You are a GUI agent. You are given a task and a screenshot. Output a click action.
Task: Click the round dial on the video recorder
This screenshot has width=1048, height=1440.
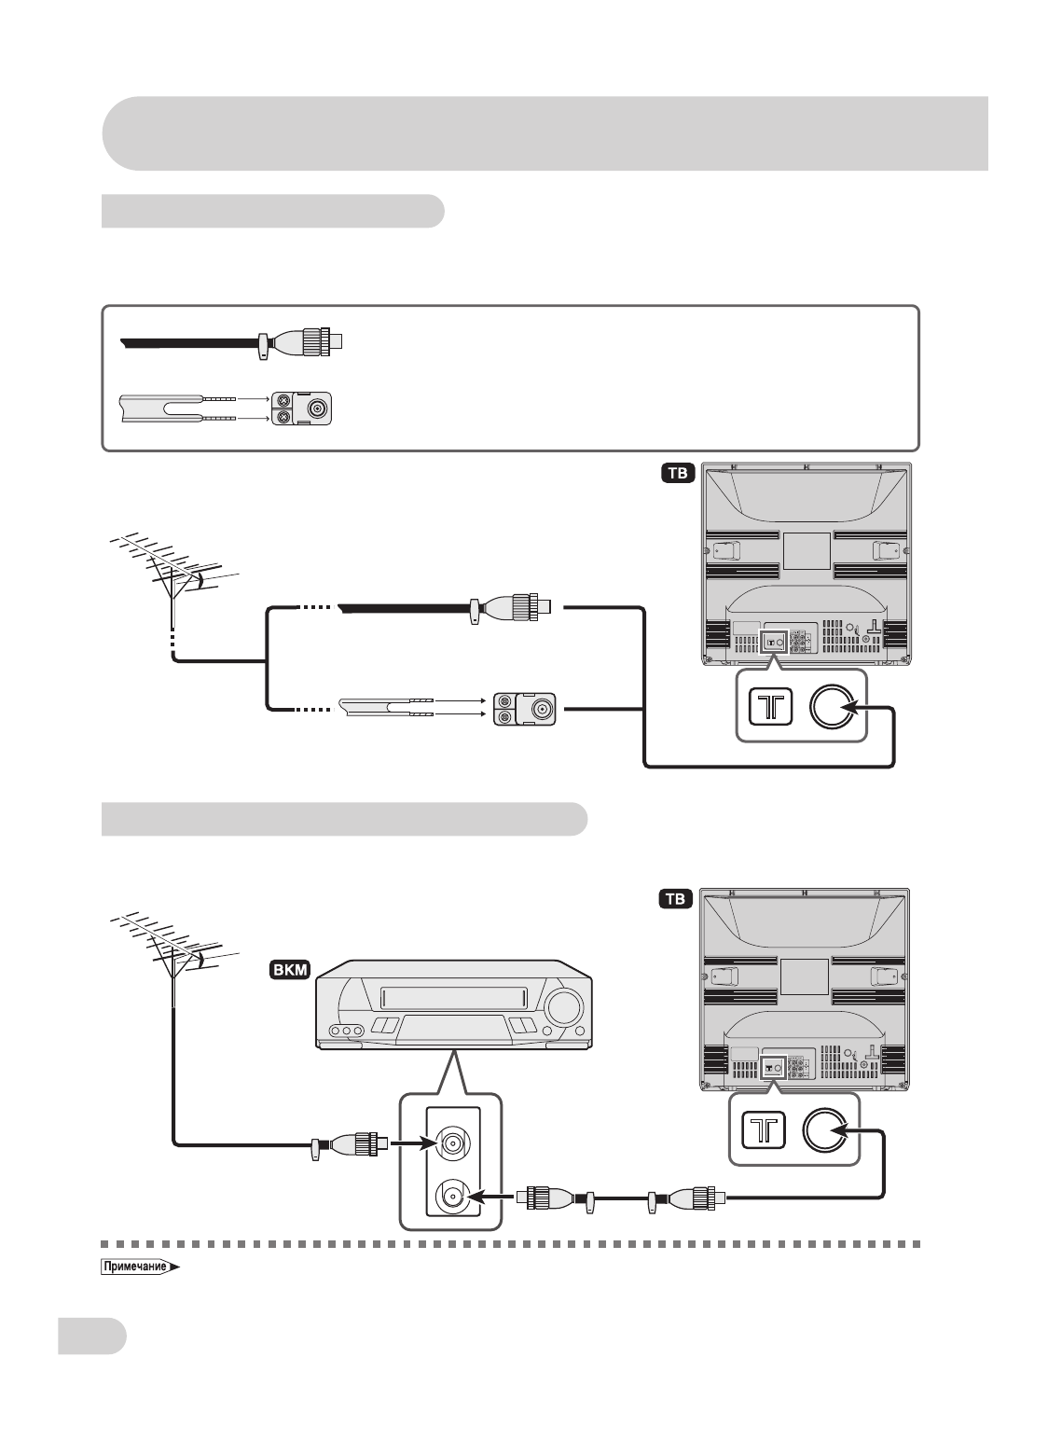tap(562, 1007)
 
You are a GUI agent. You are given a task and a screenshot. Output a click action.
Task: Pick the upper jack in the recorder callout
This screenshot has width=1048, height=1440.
tap(452, 1142)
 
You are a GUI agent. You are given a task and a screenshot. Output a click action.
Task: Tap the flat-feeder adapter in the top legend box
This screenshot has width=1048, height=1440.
tap(304, 408)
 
